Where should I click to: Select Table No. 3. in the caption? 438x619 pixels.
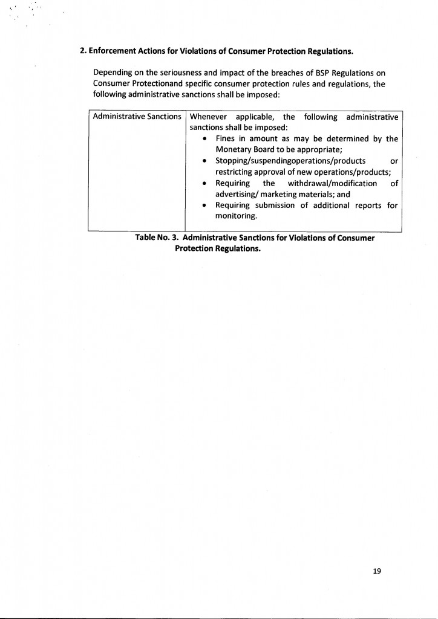(x=157, y=238)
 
